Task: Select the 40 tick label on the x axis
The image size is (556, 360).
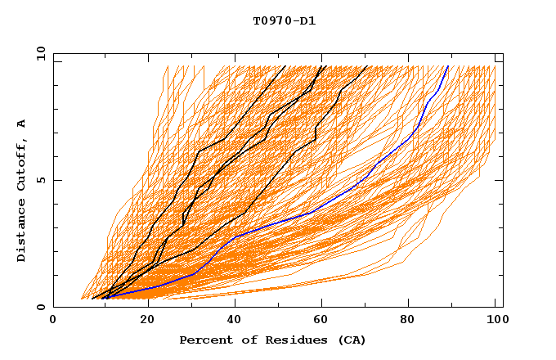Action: tap(235, 319)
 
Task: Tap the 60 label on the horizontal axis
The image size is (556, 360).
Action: tap(324, 319)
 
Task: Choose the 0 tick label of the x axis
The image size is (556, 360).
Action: tap(53, 319)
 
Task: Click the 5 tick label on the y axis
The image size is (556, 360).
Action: tap(41, 180)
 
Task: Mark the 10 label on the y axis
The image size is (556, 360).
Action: tap(38, 53)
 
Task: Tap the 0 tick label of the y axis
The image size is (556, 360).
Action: tap(41, 307)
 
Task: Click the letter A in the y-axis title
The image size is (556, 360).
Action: tap(22, 123)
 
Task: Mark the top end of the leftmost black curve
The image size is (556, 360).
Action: tap(285, 66)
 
